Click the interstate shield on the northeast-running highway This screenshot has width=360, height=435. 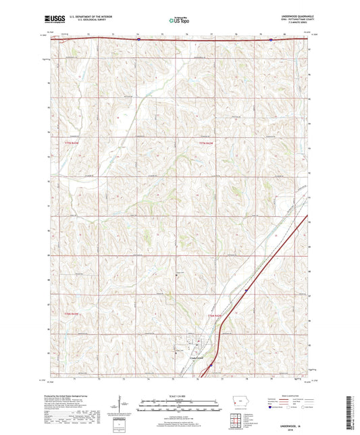tap(246, 288)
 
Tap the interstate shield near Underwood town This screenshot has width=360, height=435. tap(210, 363)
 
